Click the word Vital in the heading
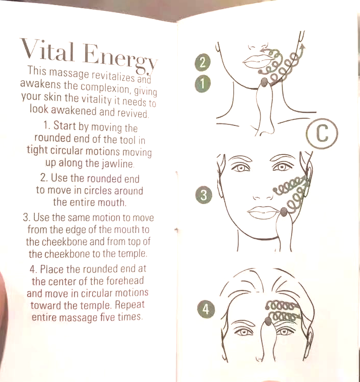[47, 51]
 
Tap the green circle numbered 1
[202, 84]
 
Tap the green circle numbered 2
[202, 63]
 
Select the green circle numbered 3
[204, 195]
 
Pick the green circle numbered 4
[206, 310]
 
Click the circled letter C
[322, 134]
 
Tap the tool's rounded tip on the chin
[263, 82]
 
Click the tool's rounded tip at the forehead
[268, 321]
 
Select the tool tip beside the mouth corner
[283, 212]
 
